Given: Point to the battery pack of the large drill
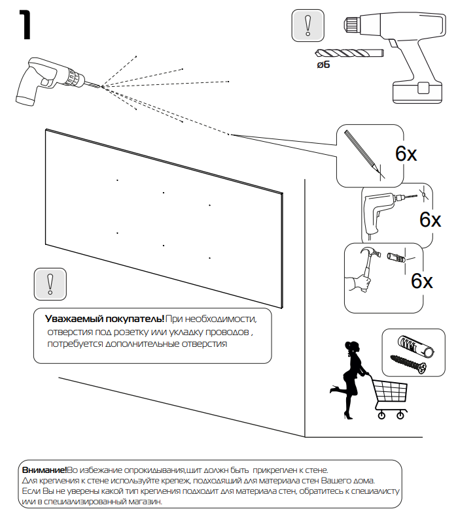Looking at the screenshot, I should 416,91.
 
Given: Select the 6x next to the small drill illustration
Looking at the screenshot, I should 430,219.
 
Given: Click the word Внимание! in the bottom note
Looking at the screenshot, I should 44,470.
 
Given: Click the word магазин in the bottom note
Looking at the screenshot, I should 141,501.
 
